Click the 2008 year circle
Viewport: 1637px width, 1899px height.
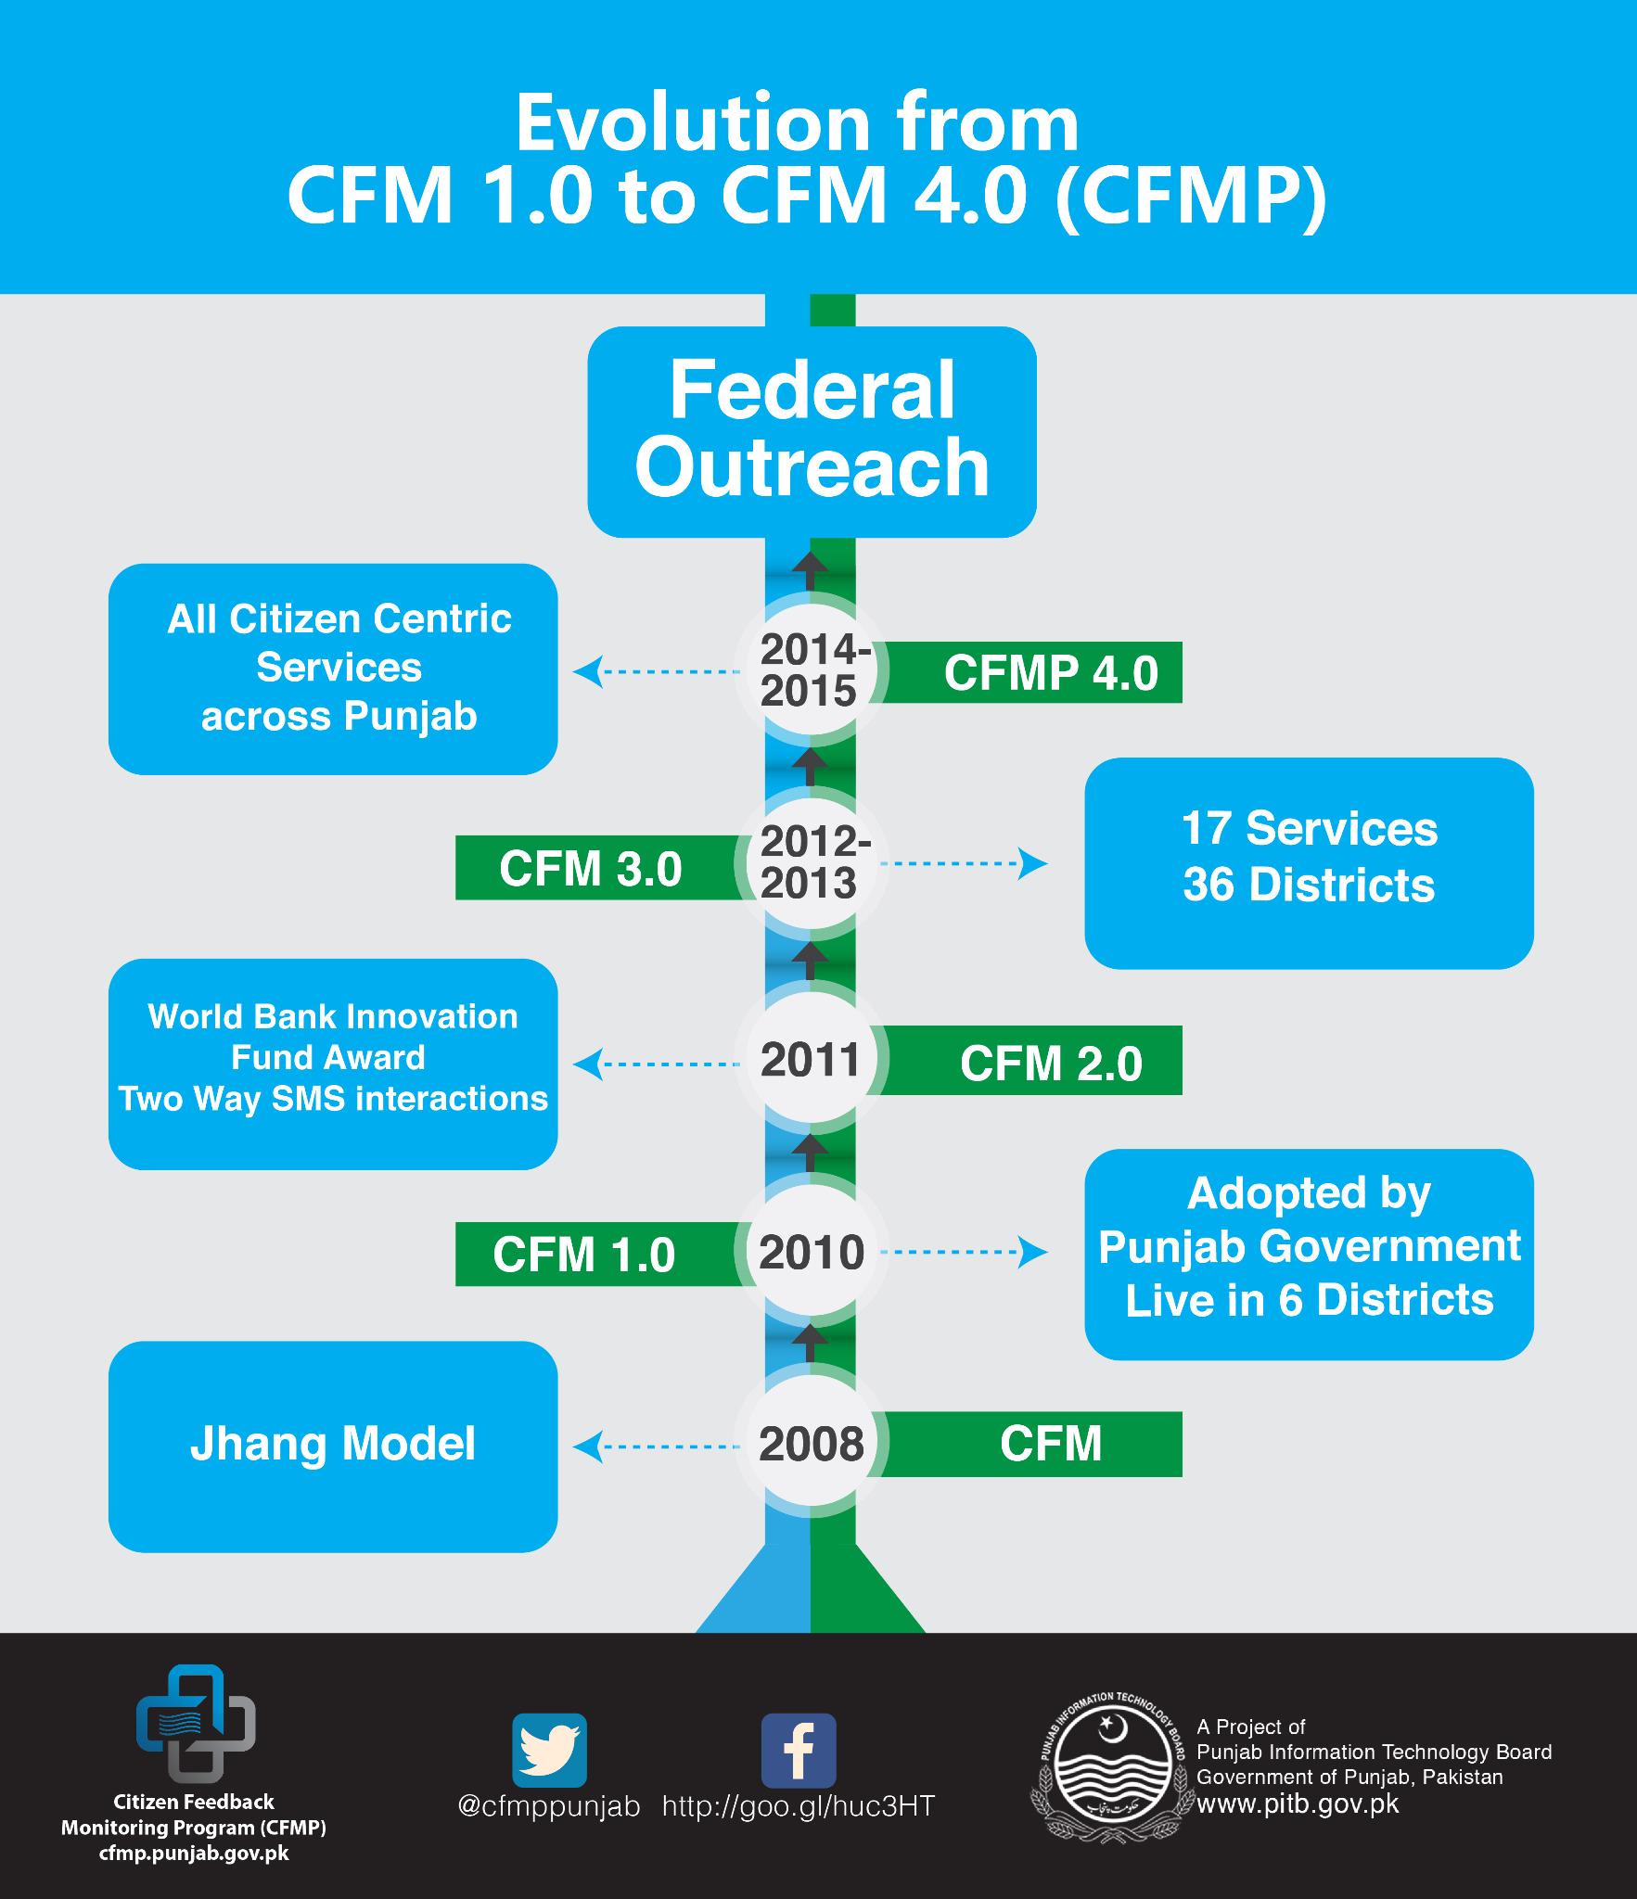tap(812, 1444)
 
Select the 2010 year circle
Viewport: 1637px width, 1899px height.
tap(812, 1253)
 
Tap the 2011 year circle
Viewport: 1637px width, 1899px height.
tap(812, 1060)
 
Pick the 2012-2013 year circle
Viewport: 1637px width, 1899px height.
tap(812, 863)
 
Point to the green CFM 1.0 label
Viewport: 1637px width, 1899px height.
tap(584, 1254)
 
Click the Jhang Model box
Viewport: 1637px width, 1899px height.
tap(333, 1446)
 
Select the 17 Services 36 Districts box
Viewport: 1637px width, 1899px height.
tap(1309, 863)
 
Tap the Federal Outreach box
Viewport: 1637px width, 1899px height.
tap(812, 431)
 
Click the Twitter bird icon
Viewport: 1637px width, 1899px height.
tap(550, 1751)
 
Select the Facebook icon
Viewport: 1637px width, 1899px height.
tap(798, 1751)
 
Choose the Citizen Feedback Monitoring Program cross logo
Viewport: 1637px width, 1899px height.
tap(196, 1731)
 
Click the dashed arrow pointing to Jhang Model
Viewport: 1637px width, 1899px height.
tap(659, 1446)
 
